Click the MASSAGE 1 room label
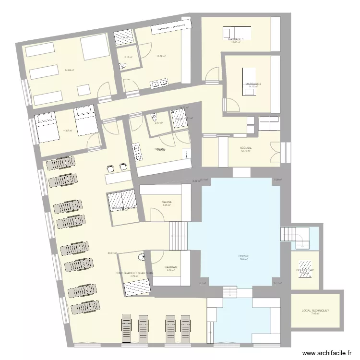point(236,39)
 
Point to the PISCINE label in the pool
point(244,256)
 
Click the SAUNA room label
point(167,202)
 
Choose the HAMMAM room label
point(171,267)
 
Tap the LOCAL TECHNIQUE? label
point(315,311)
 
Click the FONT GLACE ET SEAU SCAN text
point(134,273)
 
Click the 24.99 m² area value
point(69,70)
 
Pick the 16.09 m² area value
point(161,56)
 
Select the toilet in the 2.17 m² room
point(154,117)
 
